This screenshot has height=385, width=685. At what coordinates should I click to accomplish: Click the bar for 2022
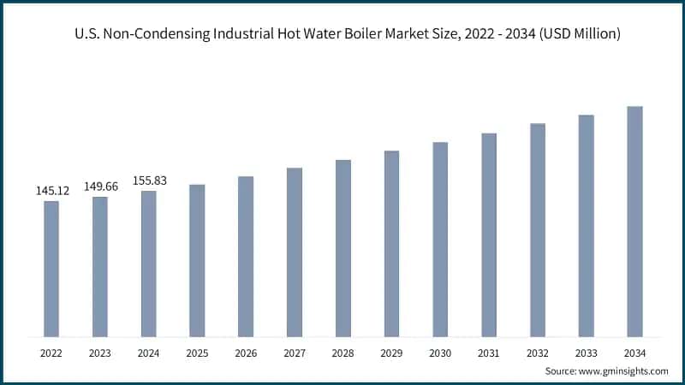51,269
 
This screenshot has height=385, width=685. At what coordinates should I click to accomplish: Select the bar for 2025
197,260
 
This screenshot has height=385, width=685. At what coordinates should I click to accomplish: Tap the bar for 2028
342,248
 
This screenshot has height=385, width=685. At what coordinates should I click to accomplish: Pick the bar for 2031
489,234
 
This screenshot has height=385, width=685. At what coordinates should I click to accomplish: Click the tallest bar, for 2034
634,222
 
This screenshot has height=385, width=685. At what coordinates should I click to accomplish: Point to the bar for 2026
246,257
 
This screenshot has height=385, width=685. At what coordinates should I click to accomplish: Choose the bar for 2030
440,240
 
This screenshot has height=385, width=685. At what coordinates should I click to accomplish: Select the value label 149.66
100,187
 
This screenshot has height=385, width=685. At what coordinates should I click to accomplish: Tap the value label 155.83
149,181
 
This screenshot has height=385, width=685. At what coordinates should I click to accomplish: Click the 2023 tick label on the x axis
100,352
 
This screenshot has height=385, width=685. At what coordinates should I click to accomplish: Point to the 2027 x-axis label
295,352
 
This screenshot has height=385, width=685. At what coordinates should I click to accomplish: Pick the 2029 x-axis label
391,352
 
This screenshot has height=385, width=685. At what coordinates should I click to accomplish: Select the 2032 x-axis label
538,352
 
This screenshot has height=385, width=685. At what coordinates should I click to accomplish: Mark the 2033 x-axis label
587,352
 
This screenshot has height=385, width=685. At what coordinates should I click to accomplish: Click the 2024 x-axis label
149,352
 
